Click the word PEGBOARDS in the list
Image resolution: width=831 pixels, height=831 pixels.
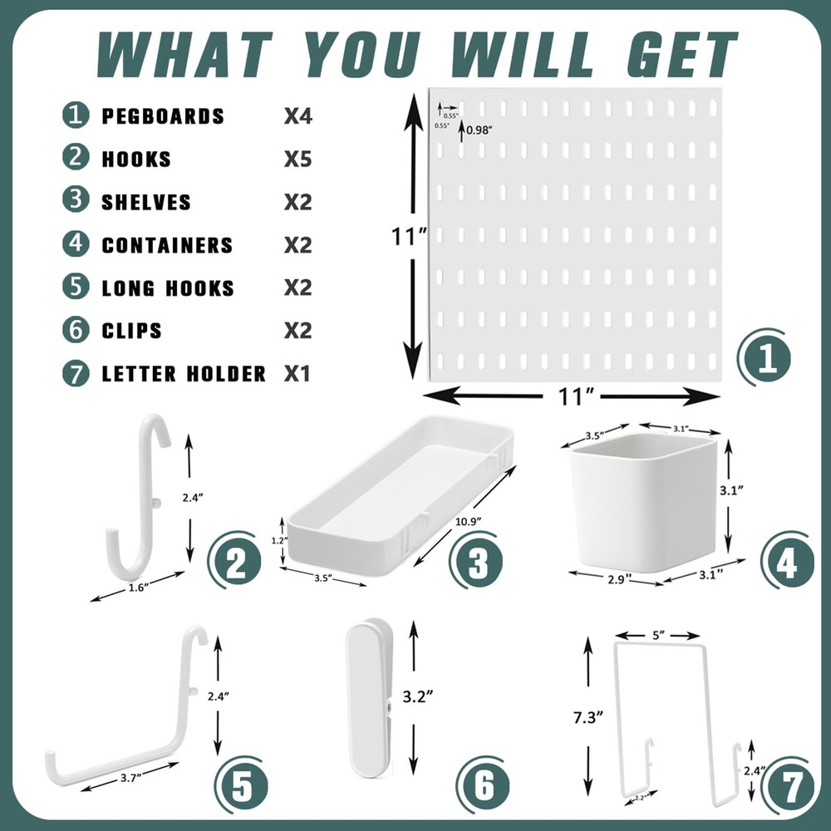coord(163,116)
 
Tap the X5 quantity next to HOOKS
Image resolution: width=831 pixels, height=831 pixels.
coord(297,159)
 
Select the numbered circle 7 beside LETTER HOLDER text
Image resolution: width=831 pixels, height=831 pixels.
coord(76,373)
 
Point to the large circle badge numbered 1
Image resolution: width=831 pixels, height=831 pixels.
coord(764,358)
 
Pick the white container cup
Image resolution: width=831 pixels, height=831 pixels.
coord(645,500)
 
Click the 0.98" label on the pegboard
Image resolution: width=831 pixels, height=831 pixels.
coord(480,129)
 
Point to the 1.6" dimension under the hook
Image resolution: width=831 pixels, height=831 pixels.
coord(139,588)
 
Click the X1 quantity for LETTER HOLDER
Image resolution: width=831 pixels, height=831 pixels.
coord(297,373)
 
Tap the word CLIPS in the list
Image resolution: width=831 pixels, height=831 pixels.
coord(131,331)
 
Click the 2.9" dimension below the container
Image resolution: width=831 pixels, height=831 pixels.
coord(616,577)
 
